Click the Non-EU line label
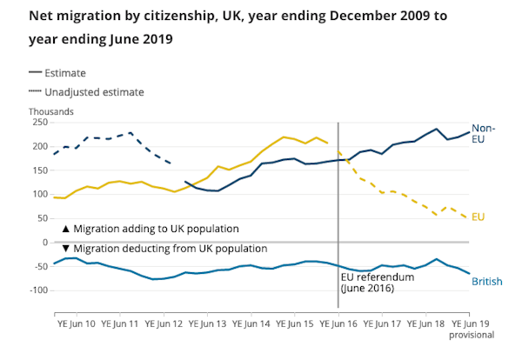tap(483, 133)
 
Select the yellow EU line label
tap(478, 216)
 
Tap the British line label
tap(487, 281)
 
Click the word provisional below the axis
tap(472, 334)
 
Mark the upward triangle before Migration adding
tap(66, 229)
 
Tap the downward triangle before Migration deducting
tap(66, 249)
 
